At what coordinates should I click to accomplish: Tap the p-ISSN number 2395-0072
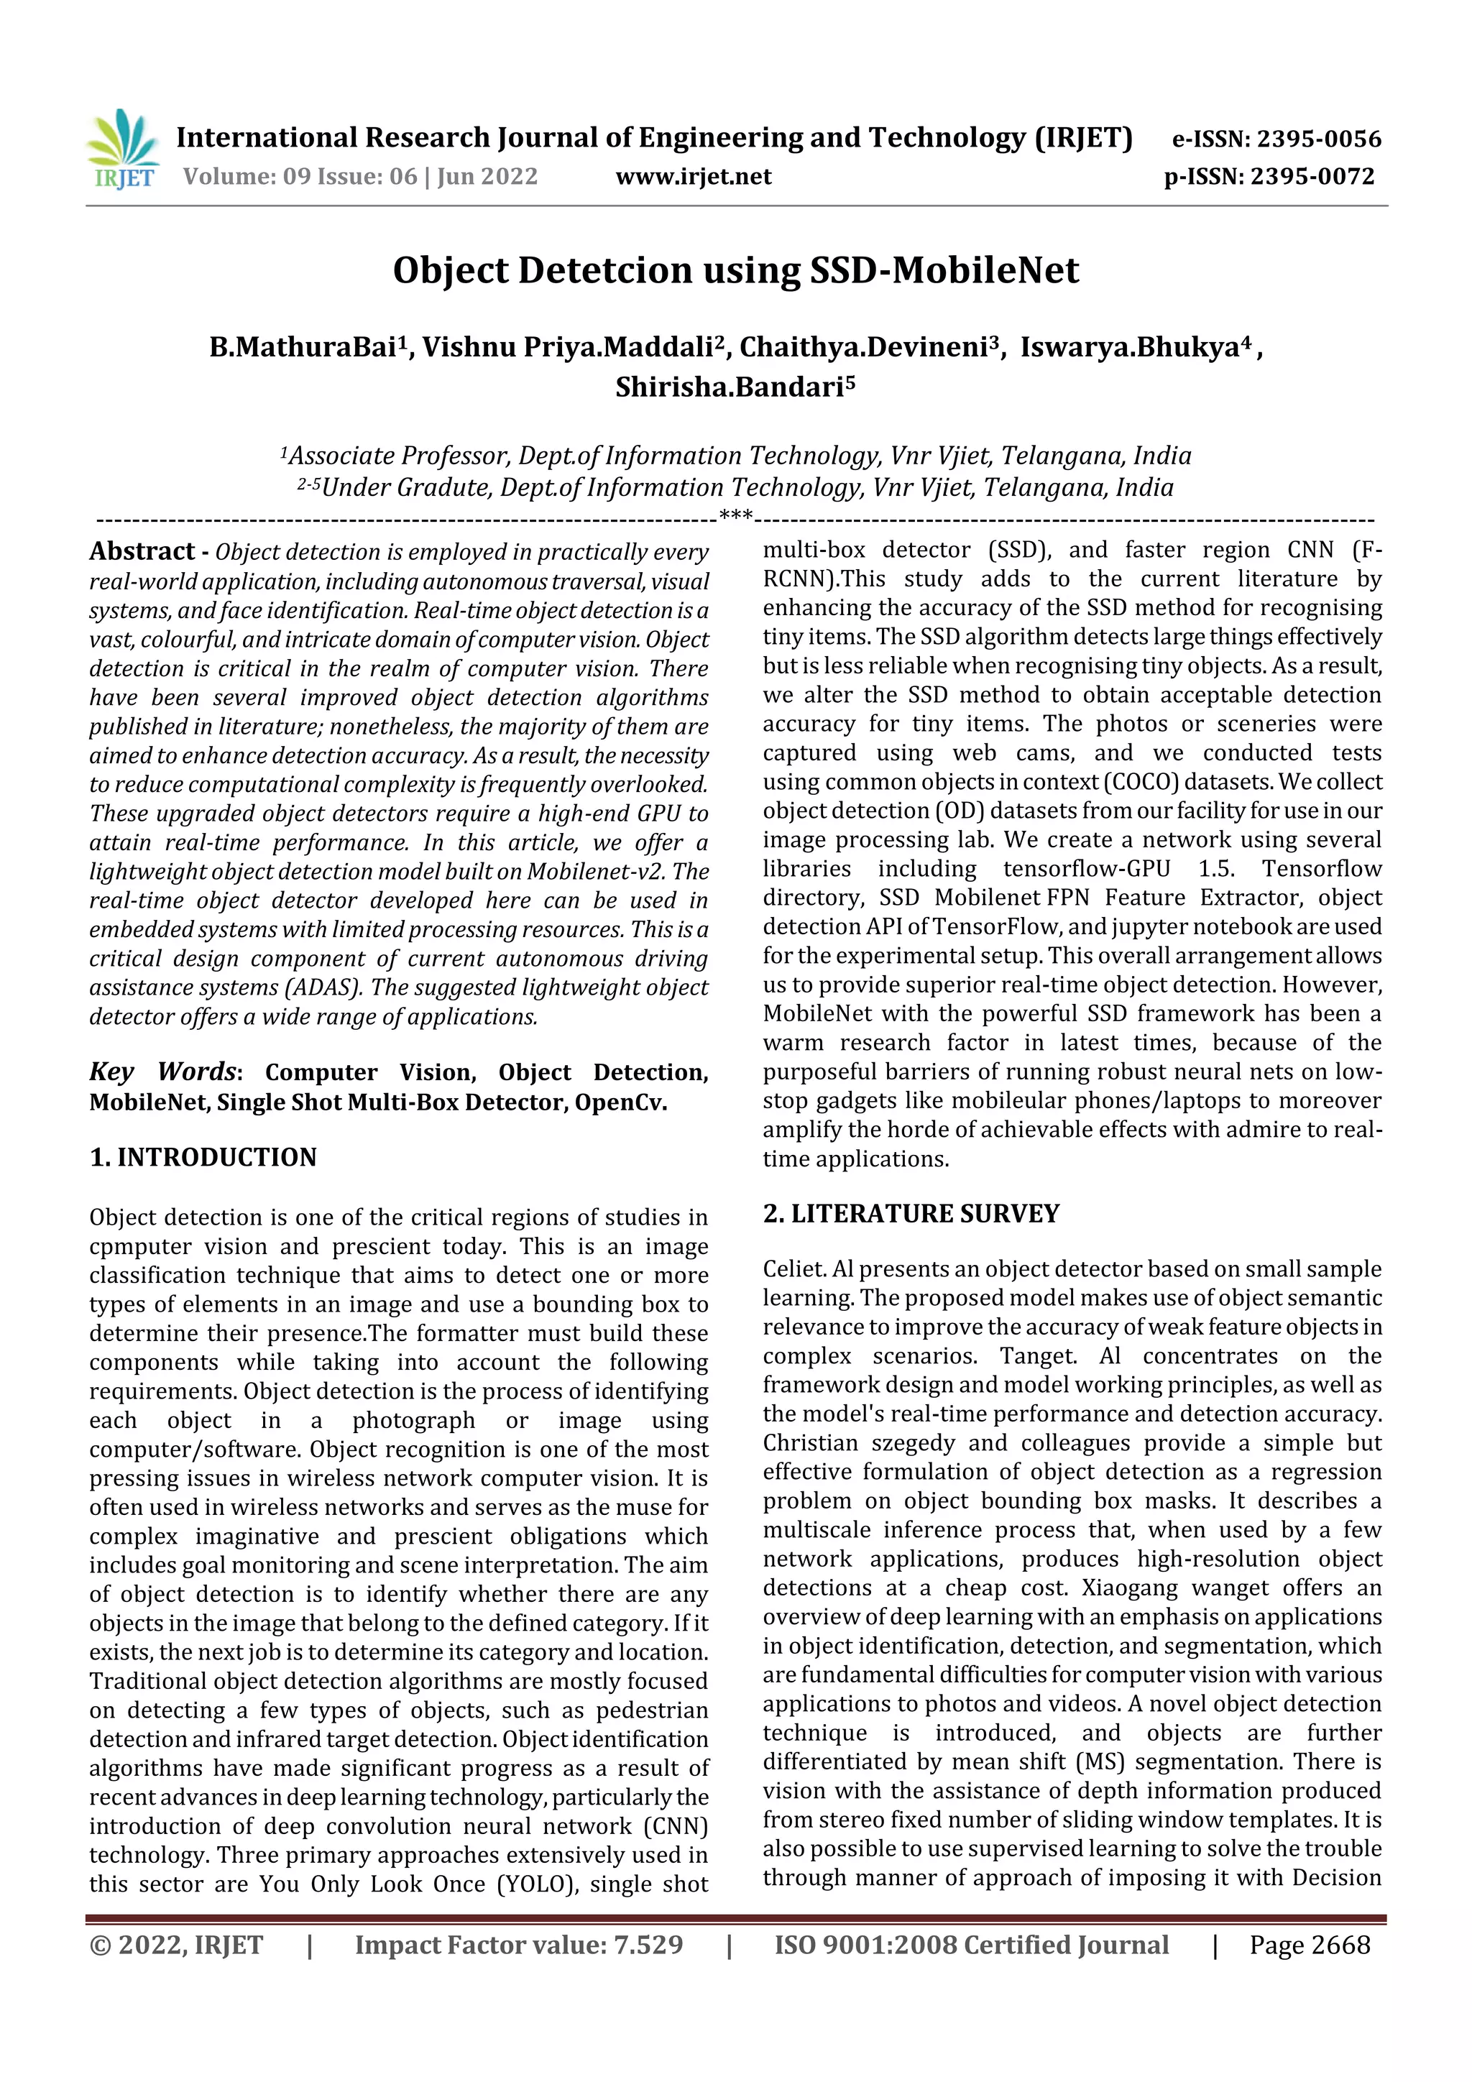[x=1312, y=177]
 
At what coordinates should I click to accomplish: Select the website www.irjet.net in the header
[x=693, y=177]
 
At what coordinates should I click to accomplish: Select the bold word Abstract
[x=142, y=551]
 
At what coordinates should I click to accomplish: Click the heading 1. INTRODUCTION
[x=203, y=1158]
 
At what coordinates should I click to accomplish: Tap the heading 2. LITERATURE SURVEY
[x=911, y=1214]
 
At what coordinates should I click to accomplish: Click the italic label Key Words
[x=162, y=1072]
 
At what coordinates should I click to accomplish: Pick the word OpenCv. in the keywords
[x=621, y=1102]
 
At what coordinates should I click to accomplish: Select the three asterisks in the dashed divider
[x=735, y=516]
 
